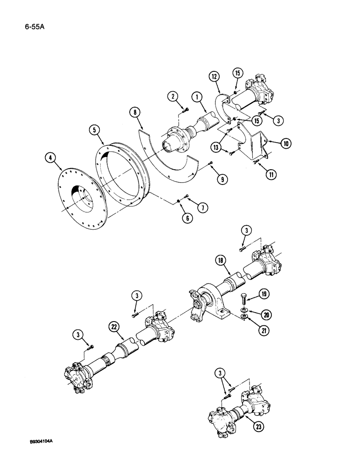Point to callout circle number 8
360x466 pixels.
(x=134, y=112)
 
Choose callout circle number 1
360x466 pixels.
(x=198, y=97)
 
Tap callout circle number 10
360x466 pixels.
(x=284, y=144)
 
